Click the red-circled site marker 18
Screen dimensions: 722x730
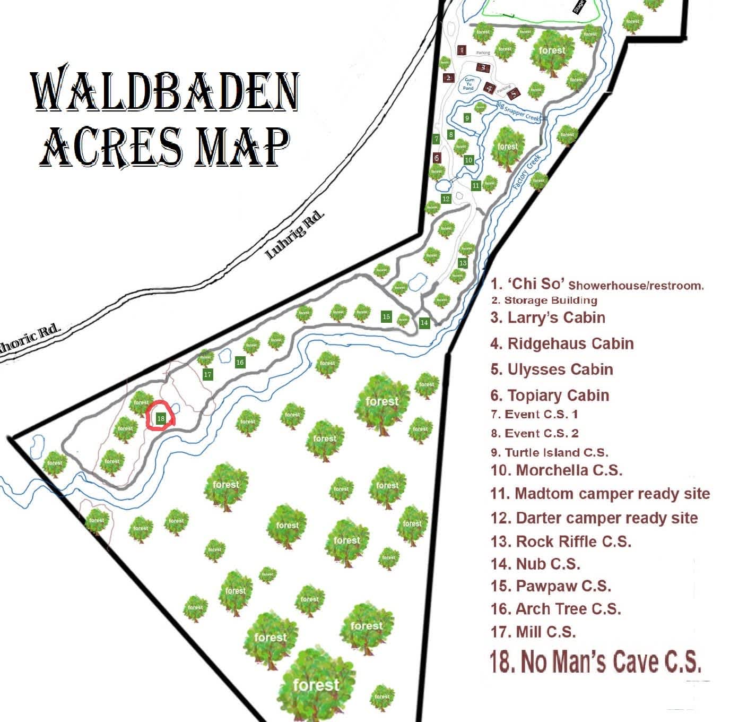[x=161, y=418]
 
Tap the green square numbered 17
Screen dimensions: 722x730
[x=207, y=374]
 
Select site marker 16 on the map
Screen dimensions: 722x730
[x=240, y=362]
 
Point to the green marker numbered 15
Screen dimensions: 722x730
[x=386, y=316]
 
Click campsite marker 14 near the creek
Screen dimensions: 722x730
[x=424, y=322]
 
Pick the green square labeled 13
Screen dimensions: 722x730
[x=463, y=263]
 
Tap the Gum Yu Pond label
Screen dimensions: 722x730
[x=468, y=84]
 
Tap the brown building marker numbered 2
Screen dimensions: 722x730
[x=449, y=77]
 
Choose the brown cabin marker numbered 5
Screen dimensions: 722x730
[x=513, y=94]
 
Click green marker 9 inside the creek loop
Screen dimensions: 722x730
[x=467, y=118]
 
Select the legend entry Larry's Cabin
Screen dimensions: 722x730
[x=547, y=317]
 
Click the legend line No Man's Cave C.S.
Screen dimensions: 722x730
[x=595, y=661]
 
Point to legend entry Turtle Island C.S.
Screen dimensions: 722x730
[x=550, y=452]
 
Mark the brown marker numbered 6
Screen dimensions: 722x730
[x=437, y=158]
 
